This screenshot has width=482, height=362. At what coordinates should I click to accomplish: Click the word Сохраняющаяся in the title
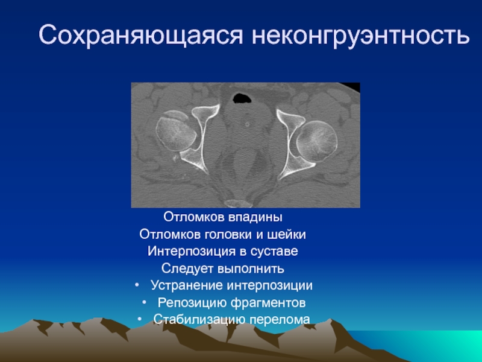pos(141,36)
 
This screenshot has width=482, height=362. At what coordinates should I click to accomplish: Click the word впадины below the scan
pos(255,217)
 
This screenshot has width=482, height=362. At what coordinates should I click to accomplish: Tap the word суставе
pos(274,252)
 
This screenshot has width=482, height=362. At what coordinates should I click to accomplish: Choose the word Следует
pos(187,268)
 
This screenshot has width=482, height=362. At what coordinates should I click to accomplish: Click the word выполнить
pos(251,268)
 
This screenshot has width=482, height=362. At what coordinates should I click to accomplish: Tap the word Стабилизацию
pos(199,319)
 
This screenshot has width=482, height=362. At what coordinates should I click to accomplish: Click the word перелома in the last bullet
pos(280,320)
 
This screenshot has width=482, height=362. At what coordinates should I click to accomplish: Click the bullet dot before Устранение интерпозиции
pos(137,285)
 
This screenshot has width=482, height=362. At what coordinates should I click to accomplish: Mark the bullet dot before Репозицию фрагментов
pos(144,303)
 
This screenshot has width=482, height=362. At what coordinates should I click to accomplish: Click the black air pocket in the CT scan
pos(242,98)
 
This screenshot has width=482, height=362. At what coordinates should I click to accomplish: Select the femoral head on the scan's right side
pos(317,141)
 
